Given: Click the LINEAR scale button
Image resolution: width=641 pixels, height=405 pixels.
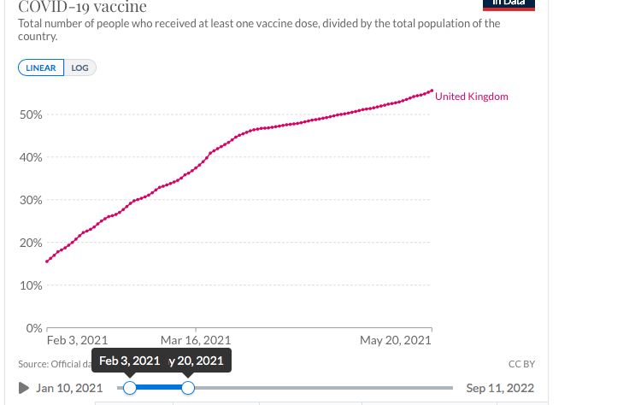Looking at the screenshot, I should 41,68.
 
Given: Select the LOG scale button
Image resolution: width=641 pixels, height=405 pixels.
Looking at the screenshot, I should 79,68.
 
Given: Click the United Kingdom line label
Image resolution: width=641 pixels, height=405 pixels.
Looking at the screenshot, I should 471,97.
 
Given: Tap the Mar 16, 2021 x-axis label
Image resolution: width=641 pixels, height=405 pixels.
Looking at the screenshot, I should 196,340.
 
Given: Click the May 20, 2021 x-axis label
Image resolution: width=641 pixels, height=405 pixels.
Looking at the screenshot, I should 396,340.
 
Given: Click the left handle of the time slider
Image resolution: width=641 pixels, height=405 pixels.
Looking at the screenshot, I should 130,388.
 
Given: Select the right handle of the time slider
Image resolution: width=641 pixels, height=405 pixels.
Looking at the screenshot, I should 188,388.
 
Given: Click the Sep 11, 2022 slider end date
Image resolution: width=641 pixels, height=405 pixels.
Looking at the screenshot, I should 500,388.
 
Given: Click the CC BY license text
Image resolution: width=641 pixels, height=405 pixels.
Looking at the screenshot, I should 521,364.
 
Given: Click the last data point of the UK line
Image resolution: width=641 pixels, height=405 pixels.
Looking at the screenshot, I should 432,91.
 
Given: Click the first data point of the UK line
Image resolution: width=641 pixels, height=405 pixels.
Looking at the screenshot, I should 47,261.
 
